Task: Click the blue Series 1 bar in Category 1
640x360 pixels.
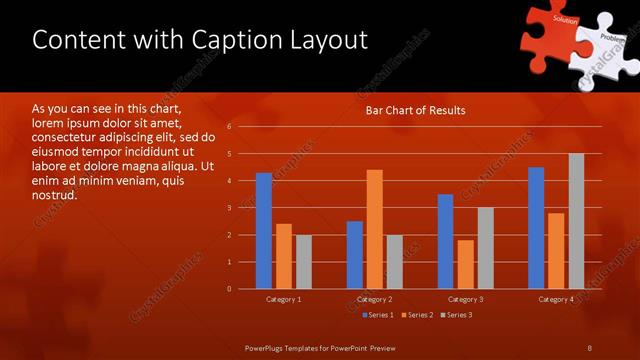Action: (x=264, y=231)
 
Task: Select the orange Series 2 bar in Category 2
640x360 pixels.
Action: (x=375, y=229)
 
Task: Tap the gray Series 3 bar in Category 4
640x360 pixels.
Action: (x=576, y=221)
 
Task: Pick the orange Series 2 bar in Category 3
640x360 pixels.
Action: (x=465, y=264)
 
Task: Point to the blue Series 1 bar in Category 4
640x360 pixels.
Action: (x=536, y=228)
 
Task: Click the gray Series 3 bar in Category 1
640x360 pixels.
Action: (x=304, y=262)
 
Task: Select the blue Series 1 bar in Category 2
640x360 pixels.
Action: (x=355, y=255)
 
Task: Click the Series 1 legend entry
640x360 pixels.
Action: (x=375, y=315)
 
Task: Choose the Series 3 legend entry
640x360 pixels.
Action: (x=456, y=315)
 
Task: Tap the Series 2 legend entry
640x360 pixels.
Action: (x=416, y=315)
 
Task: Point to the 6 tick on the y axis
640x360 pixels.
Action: (x=229, y=127)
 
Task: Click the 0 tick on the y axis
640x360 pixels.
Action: (x=229, y=289)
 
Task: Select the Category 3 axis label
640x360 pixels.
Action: (x=465, y=299)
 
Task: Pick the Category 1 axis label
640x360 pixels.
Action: (x=284, y=299)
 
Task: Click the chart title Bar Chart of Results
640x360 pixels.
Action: (x=415, y=110)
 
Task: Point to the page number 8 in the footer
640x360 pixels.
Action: (x=589, y=347)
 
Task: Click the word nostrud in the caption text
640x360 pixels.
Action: (x=54, y=195)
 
